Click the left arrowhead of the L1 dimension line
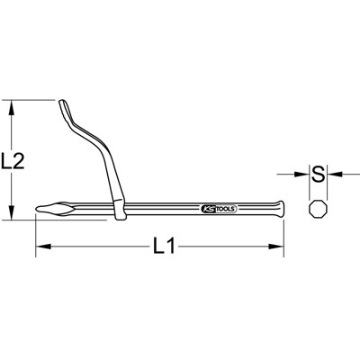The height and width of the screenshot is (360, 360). [40, 247]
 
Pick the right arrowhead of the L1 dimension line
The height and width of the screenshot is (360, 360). [281, 247]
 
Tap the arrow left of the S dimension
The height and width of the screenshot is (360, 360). [301, 174]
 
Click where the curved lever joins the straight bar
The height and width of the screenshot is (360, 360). [119, 211]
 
